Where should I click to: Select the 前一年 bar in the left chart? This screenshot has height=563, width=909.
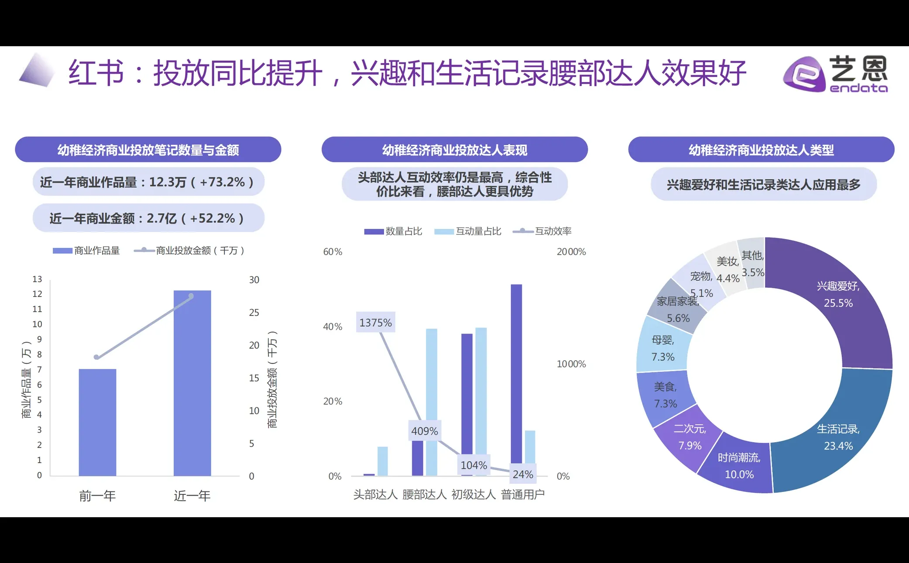[x=97, y=422]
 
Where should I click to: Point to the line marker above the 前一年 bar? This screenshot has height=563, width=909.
[x=96, y=357]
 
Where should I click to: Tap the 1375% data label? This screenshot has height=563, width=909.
[x=375, y=323]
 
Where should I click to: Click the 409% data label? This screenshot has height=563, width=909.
[x=424, y=431]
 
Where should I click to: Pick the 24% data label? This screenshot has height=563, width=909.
[x=523, y=474]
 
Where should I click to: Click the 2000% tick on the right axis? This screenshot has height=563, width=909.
[x=571, y=252]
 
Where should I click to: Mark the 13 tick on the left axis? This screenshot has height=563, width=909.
[x=38, y=279]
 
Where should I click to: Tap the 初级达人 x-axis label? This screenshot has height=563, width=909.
[x=473, y=495]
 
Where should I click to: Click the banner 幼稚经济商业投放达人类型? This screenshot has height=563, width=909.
[x=761, y=150]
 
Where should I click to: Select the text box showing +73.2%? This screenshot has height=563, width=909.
[x=148, y=182]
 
